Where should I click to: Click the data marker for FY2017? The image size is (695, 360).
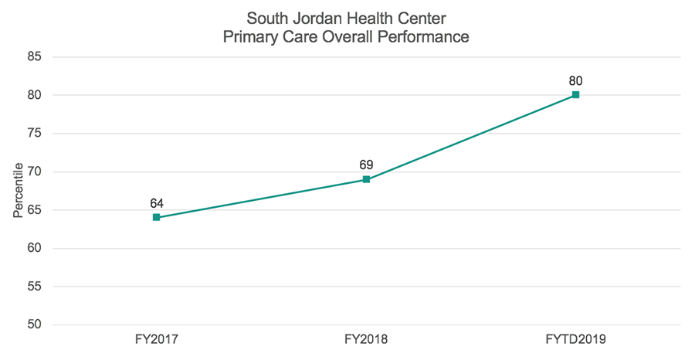[156, 218]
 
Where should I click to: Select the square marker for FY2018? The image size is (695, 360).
[366, 179]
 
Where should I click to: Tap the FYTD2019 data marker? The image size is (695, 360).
[575, 95]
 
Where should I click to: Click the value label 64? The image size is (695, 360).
[156, 203]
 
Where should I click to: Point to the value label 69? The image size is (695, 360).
[366, 165]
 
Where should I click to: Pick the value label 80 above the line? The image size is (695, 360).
[575, 80]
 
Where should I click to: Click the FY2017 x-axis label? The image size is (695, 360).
[156, 339]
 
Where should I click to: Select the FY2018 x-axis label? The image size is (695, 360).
[366, 339]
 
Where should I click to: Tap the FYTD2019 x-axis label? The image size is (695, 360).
[575, 339]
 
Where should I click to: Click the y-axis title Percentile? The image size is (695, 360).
[18, 191]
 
